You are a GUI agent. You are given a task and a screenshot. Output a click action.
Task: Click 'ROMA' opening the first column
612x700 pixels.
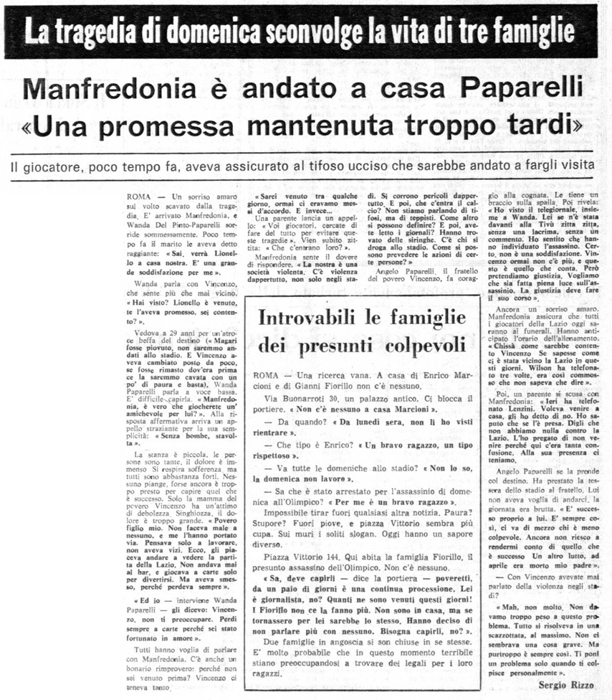[x=139, y=196]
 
